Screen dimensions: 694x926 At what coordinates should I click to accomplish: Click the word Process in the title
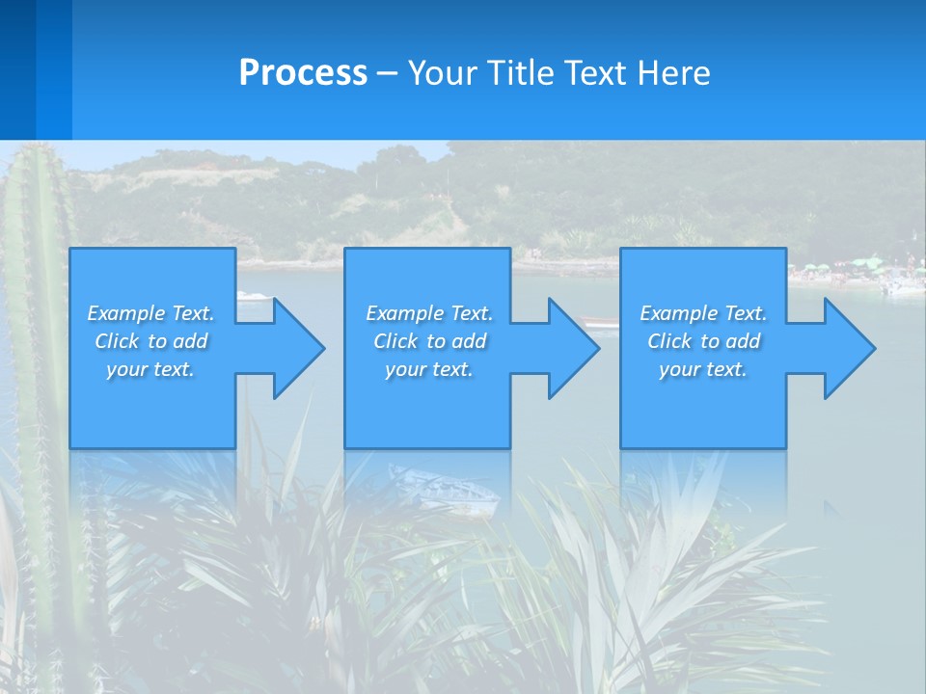[x=303, y=73]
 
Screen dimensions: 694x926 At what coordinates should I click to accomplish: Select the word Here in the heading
[x=670, y=73]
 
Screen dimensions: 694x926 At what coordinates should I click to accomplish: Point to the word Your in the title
[x=444, y=73]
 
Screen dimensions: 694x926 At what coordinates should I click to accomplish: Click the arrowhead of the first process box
[x=298, y=348]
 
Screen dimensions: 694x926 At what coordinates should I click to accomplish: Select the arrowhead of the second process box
[x=573, y=348]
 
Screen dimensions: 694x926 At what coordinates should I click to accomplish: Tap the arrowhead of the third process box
[x=849, y=348]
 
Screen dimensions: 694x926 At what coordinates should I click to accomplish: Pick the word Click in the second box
[x=394, y=341]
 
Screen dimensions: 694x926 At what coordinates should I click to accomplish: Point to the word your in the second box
[x=404, y=369]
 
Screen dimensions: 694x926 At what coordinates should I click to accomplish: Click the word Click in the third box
[x=668, y=341]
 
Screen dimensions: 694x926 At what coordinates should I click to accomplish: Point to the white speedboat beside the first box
[x=253, y=296]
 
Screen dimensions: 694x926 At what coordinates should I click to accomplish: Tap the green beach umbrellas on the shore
[x=858, y=263]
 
